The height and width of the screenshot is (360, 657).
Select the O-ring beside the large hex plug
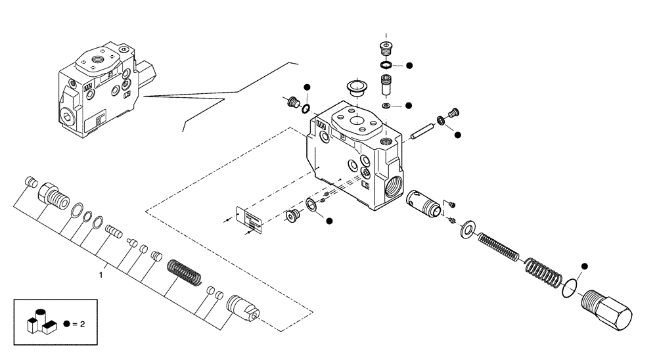point(570,288)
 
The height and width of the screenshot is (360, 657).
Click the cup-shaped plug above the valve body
point(355,88)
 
